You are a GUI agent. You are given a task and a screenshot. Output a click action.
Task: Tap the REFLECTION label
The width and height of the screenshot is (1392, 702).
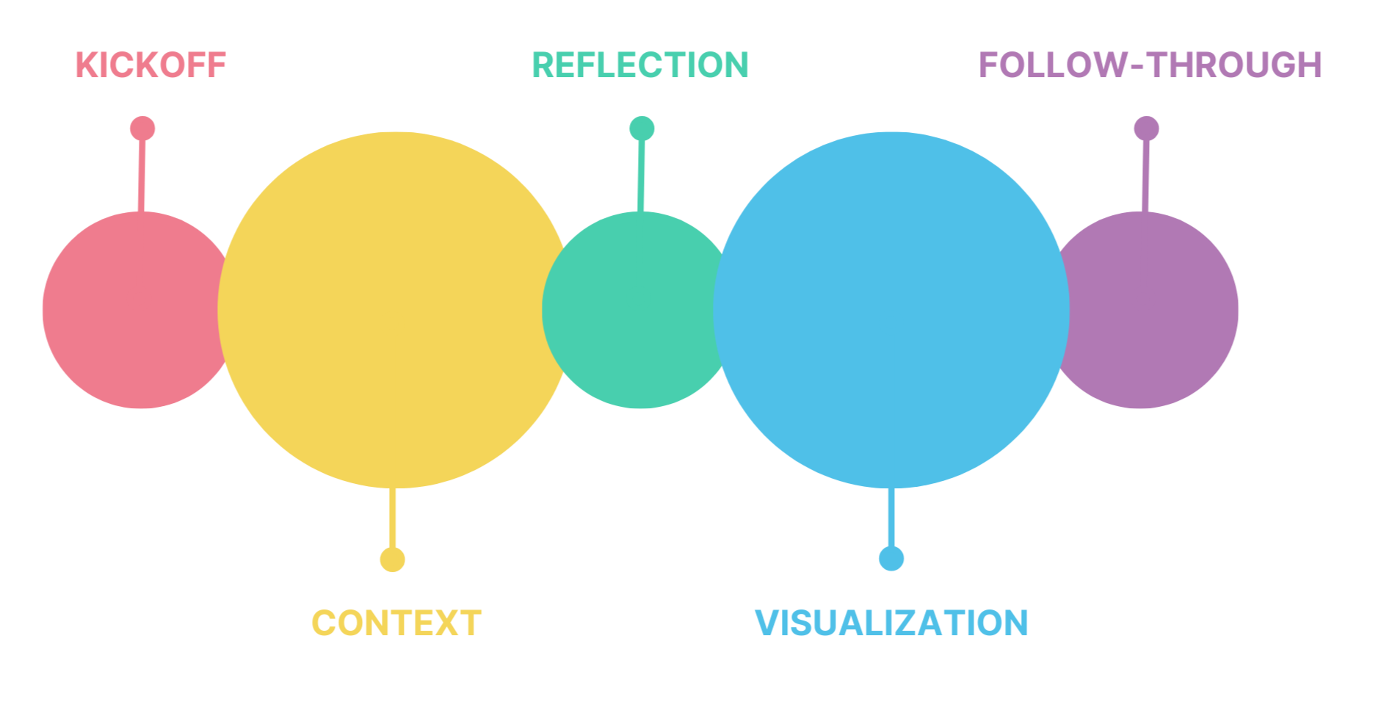click(638, 65)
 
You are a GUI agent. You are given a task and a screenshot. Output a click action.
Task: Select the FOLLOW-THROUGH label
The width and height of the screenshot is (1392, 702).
click(1150, 67)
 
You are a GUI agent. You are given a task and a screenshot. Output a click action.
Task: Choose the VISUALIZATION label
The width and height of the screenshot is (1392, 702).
click(890, 623)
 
